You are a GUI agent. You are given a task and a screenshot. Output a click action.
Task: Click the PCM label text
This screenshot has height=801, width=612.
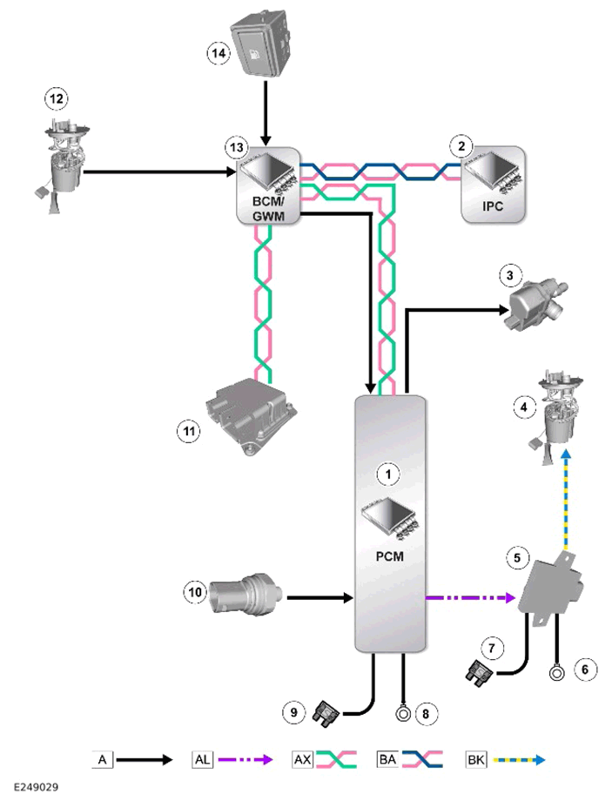389,555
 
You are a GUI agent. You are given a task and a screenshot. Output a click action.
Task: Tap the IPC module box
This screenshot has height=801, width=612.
493,185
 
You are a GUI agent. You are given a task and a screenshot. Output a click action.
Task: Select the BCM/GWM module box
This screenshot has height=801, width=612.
268,186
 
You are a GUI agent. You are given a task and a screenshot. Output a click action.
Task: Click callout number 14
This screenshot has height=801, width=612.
219,53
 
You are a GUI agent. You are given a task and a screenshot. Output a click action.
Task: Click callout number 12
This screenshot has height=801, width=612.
57,98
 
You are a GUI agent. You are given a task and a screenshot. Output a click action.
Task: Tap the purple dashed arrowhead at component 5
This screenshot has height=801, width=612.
509,596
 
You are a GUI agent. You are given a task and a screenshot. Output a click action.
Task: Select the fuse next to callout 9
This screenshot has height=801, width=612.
326,712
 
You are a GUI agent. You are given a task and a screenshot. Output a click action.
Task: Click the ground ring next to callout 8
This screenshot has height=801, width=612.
404,712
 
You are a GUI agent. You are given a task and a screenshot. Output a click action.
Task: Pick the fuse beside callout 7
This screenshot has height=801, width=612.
479,673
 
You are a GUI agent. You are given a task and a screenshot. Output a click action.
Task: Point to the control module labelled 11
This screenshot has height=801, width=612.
251,416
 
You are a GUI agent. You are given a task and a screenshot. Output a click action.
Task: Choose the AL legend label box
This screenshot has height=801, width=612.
202,759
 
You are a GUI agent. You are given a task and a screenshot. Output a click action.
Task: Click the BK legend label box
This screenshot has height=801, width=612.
475,759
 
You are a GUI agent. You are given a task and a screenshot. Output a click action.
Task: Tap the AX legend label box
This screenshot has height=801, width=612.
302,759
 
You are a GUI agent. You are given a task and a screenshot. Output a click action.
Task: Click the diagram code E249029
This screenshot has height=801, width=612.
36,787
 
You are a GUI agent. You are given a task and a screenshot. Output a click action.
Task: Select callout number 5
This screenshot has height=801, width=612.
517,557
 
